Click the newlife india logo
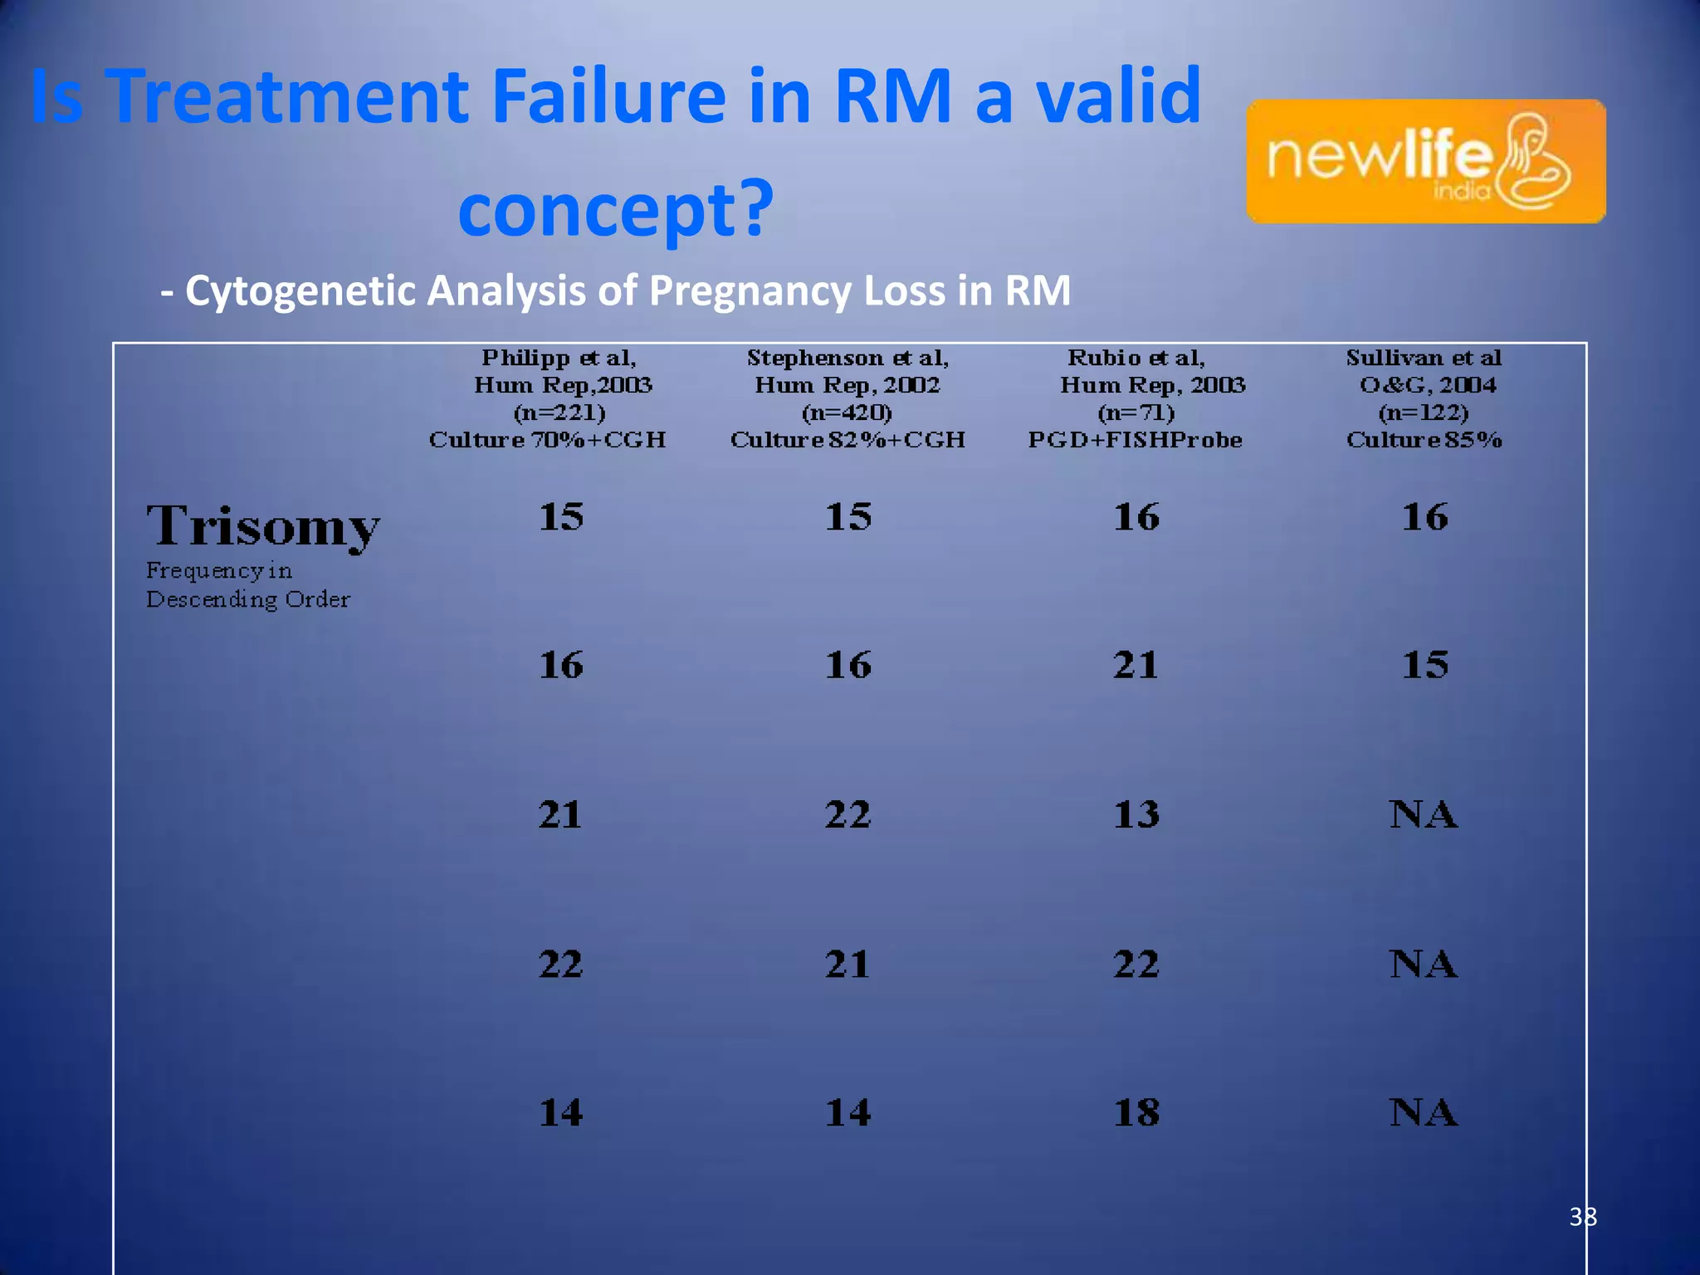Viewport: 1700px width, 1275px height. (1425, 161)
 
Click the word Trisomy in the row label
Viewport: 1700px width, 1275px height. (263, 526)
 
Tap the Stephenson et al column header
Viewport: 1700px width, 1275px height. (848, 398)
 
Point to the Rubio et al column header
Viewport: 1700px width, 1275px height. (1136, 398)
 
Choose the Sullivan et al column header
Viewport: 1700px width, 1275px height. (1424, 398)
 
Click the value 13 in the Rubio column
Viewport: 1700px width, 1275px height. (1136, 814)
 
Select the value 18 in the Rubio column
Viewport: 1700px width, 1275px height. (1136, 1112)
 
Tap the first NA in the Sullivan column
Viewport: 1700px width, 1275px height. (1423, 814)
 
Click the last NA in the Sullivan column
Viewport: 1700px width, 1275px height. (1423, 1112)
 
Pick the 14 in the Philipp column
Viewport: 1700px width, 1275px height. (561, 1112)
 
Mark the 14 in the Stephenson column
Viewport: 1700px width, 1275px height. (848, 1112)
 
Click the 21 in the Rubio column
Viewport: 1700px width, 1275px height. (1136, 665)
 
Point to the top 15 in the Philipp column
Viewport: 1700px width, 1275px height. (561, 516)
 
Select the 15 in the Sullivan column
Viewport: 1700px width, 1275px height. (1424, 665)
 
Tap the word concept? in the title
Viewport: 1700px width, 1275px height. (615, 209)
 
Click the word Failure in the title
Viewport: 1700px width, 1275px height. (609, 96)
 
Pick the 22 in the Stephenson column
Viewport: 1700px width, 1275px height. (848, 814)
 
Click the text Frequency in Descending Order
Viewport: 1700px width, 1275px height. (247, 585)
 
